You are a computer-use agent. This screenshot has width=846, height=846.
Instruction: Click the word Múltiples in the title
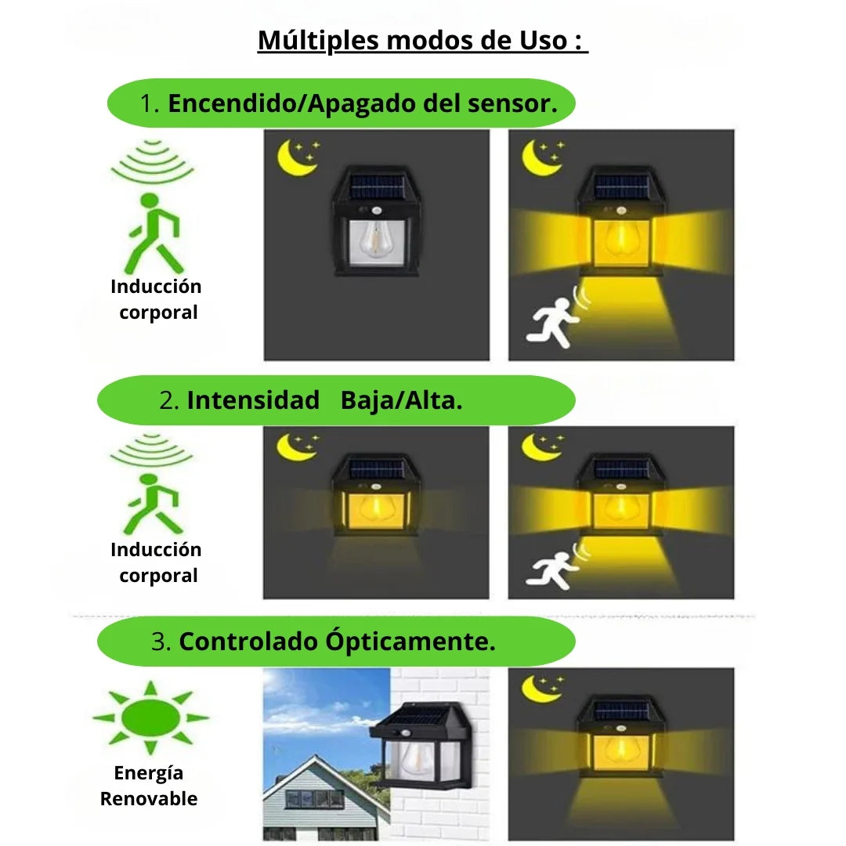click(318, 41)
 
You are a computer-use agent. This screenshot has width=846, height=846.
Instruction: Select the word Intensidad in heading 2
click(253, 400)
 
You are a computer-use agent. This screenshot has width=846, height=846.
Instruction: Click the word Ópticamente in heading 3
click(410, 641)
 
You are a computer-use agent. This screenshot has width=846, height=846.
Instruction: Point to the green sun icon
click(150, 717)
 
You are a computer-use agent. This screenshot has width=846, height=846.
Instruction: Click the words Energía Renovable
click(149, 786)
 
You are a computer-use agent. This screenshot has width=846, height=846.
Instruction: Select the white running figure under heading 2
click(552, 569)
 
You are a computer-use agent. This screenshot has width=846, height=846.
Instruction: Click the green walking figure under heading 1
click(154, 233)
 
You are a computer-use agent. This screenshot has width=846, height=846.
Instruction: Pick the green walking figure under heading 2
click(154, 504)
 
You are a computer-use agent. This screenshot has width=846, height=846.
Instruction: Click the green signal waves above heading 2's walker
click(152, 449)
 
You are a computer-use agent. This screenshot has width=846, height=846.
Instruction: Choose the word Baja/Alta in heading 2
click(401, 401)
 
